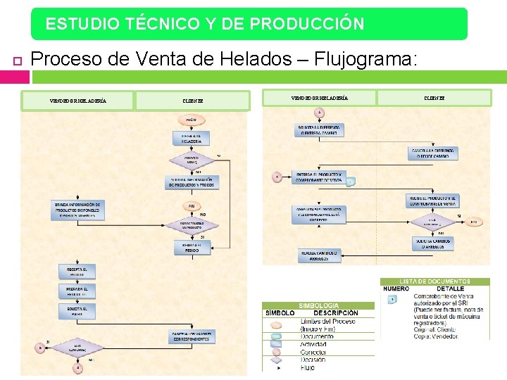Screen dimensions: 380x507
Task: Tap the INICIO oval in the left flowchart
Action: (x=191, y=121)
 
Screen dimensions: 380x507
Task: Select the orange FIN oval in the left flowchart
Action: (x=192, y=205)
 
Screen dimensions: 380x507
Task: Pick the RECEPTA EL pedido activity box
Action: (x=76, y=271)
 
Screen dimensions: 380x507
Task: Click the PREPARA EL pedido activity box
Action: (x=76, y=291)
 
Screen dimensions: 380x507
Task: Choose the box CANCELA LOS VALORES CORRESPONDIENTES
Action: (x=191, y=338)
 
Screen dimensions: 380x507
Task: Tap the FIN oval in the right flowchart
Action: (x=473, y=222)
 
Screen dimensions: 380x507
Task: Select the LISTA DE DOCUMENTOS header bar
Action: (x=435, y=281)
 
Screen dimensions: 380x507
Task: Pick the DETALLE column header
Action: (x=450, y=289)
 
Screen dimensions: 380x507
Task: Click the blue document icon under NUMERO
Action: (x=393, y=298)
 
